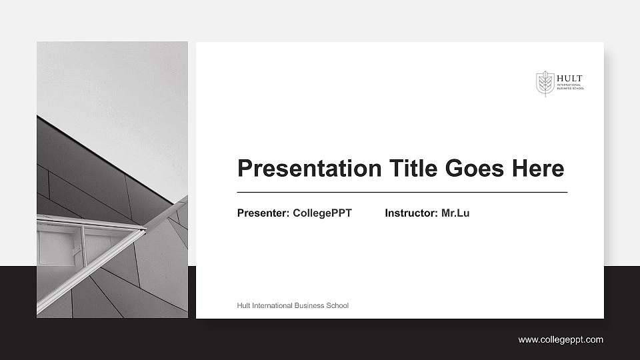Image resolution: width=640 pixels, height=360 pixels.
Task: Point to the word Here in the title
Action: (538, 168)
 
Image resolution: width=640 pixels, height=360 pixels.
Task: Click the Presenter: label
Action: (263, 213)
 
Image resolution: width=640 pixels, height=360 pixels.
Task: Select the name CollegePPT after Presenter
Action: (322, 213)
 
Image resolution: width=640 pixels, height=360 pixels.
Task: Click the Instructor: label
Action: (411, 213)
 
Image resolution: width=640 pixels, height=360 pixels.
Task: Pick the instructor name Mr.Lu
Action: (455, 213)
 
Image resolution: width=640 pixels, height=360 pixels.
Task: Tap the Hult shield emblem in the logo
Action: (545, 83)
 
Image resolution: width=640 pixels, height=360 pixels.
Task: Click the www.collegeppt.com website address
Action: (561, 340)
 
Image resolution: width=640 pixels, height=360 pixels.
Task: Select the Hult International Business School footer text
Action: (293, 305)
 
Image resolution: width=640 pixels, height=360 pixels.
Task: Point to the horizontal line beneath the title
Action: (402, 192)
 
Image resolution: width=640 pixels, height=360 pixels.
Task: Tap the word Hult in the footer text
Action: (244, 305)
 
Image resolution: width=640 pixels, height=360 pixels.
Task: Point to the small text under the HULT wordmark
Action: (570, 87)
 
